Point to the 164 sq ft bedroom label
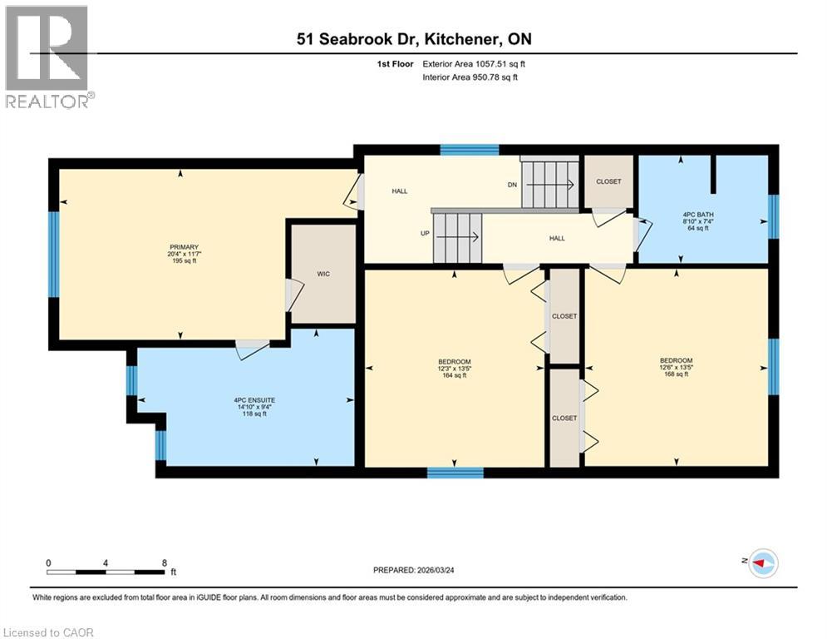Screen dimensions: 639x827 pos(454,368)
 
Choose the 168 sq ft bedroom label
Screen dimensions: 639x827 pos(675,367)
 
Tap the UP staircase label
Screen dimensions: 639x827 pos(425,234)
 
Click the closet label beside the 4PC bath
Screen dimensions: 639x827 pos(608,181)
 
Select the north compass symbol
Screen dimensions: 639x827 pos(762,564)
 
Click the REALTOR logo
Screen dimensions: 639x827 pos(47,57)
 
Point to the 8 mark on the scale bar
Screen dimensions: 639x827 pos(164,562)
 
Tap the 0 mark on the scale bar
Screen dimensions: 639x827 pos(49,562)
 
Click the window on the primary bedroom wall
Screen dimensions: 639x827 pos(53,255)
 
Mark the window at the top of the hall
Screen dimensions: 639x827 pos(469,150)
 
